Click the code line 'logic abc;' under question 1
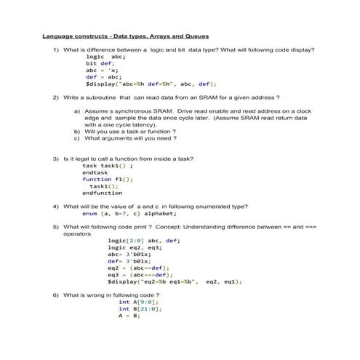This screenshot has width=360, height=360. (105, 57)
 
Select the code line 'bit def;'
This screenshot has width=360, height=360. (101, 63)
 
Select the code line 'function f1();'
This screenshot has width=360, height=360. (108, 179)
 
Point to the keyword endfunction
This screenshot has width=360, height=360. (102, 193)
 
